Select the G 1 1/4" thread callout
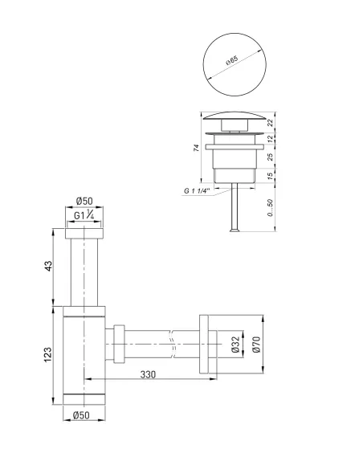[196, 191]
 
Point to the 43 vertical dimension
[48, 266]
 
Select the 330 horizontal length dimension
[146, 374]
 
